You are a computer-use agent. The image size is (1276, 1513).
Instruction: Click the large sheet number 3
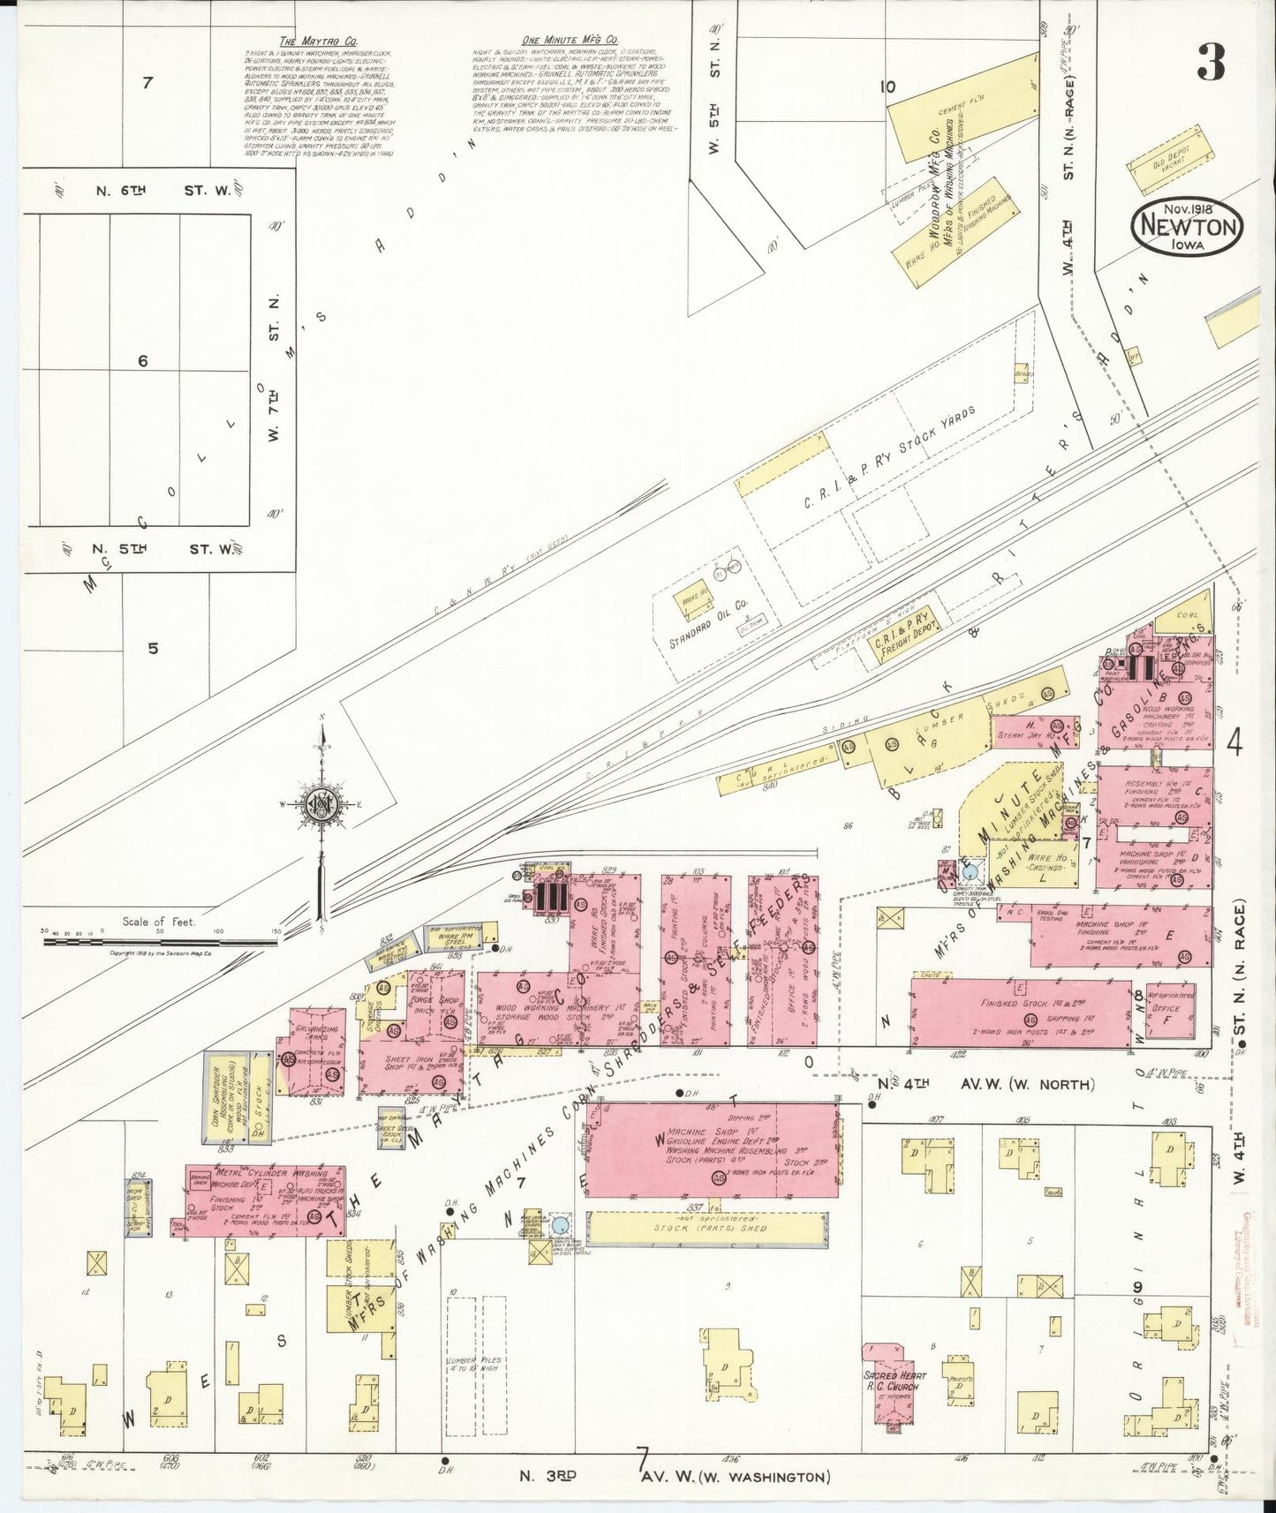tap(1211, 63)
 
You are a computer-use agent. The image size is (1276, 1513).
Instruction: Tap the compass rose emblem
tap(320, 802)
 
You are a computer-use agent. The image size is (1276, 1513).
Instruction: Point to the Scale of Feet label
tap(159, 922)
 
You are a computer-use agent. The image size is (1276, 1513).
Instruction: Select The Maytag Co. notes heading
tap(305, 41)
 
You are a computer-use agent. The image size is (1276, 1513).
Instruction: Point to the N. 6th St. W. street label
tap(163, 190)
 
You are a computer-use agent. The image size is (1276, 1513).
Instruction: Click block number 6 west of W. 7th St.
tap(143, 361)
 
